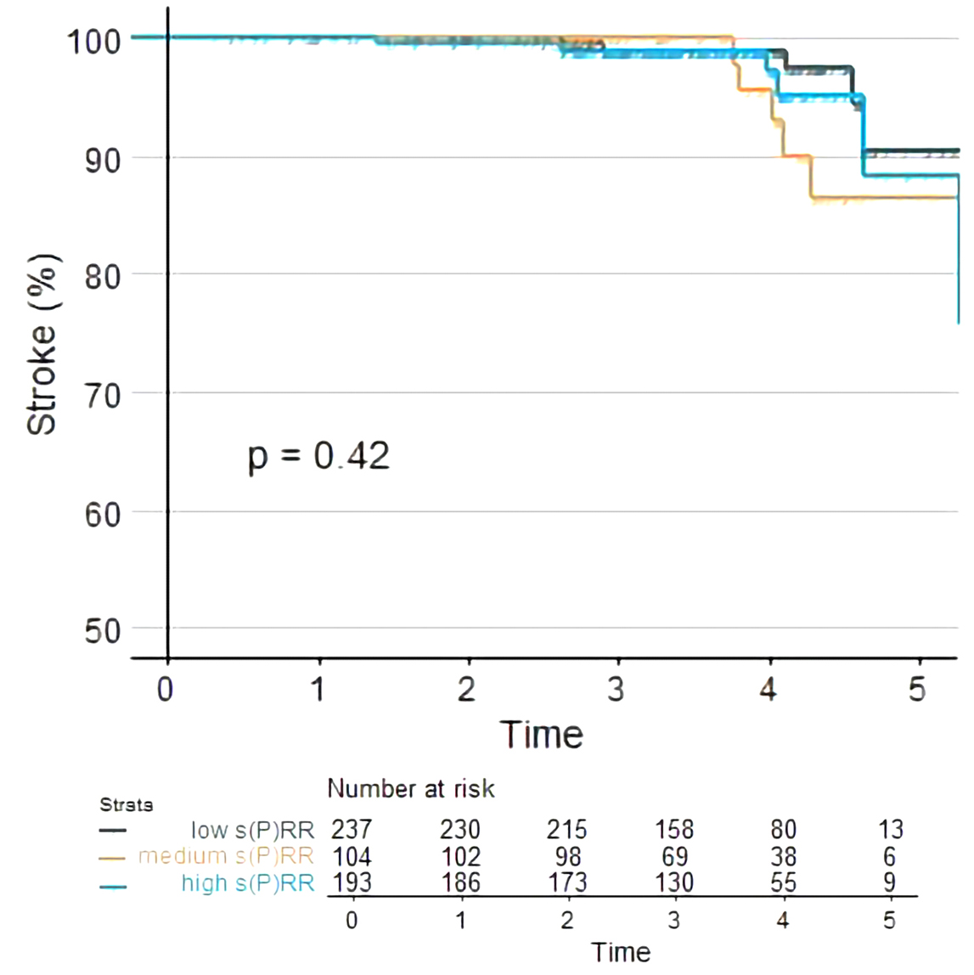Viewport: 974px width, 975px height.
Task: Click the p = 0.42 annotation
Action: pos(318,457)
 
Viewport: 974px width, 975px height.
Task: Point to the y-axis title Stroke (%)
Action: pos(42,345)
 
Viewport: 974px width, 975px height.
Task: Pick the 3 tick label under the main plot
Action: pos(616,689)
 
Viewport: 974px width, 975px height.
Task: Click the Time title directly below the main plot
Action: pos(542,735)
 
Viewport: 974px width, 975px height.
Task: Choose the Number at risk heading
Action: pos(411,789)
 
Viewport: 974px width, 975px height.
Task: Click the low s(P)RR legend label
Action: pos(252,830)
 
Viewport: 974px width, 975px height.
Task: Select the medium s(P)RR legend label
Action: pos(226,856)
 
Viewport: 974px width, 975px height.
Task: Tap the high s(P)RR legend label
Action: pos(248,883)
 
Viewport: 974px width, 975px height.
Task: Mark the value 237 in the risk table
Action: pos(352,830)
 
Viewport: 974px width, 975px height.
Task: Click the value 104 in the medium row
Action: pos(352,856)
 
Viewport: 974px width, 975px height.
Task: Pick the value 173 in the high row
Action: pos(567,883)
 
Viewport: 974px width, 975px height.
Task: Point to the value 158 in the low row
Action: pos(674,830)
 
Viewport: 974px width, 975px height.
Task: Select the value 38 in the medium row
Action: pos(783,856)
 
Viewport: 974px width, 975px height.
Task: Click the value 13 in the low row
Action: pos(890,830)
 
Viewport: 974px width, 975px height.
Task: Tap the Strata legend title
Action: pos(127,804)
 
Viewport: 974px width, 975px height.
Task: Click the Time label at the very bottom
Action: pos(621,952)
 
